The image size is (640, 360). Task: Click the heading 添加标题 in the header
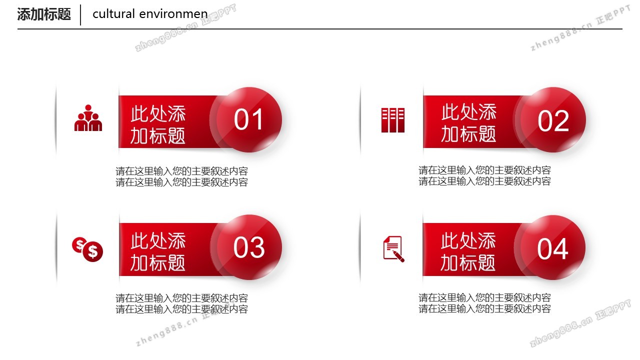[43, 14]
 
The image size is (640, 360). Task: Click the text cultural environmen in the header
[150, 14]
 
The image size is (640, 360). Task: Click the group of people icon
[88, 118]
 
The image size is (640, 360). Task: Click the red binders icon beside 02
[393, 120]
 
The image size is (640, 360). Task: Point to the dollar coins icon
[87, 249]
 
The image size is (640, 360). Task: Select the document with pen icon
[393, 249]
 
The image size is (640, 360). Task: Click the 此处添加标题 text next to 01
[158, 124]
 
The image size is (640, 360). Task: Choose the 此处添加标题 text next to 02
[468, 123]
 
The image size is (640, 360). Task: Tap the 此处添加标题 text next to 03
[158, 251]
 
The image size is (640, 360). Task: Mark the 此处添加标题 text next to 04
[468, 251]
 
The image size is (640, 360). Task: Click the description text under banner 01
[181, 176]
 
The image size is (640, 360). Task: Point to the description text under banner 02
[484, 175]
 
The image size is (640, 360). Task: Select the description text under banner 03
[181, 303]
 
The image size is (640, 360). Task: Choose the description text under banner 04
[484, 303]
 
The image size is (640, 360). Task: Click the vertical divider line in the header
[80, 15]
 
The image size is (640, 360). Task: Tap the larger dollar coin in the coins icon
[93, 251]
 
